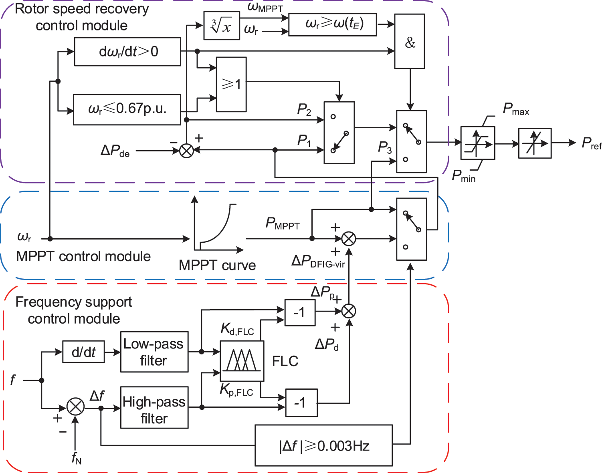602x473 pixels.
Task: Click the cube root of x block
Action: [221, 26]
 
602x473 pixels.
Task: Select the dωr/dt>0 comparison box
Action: [127, 52]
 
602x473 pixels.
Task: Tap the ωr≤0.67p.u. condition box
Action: [127, 109]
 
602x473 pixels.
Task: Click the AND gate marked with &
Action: [409, 42]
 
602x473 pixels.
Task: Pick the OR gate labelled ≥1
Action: [231, 85]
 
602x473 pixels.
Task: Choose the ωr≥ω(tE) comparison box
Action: [332, 24]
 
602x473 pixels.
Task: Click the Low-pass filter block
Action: [154, 352]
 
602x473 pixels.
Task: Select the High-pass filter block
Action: [154, 407]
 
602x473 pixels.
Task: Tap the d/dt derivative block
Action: [83, 352]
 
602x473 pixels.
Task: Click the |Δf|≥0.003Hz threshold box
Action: [323, 445]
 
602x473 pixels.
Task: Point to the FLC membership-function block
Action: [242, 361]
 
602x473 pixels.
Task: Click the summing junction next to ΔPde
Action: [186, 151]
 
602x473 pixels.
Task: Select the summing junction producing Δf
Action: [75, 407]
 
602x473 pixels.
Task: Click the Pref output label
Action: [591, 143]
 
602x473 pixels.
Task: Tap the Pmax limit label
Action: [516, 109]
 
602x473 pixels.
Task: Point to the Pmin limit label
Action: [464, 176]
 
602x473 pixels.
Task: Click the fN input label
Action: [76, 457]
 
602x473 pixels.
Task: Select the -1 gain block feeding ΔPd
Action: [301, 403]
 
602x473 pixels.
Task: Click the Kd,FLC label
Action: [237, 330]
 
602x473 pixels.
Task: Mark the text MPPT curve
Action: [217, 265]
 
